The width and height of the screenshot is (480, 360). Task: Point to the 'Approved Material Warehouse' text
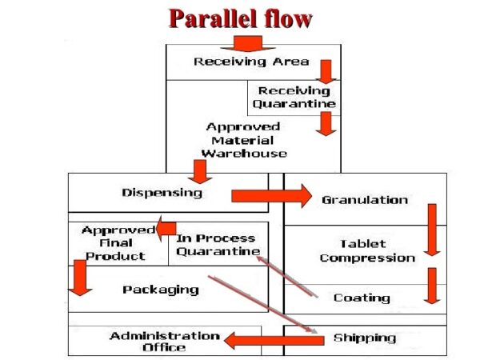click(x=243, y=139)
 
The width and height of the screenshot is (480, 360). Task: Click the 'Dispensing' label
click(x=162, y=193)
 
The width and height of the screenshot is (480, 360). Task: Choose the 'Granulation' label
click(x=364, y=200)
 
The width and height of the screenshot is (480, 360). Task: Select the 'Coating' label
click(x=362, y=298)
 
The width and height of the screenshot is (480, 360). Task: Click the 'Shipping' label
click(x=364, y=338)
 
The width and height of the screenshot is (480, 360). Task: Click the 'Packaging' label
click(x=160, y=290)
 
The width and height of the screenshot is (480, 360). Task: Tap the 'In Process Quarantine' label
click(x=216, y=245)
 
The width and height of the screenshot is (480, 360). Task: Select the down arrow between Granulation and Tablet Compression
click(x=432, y=230)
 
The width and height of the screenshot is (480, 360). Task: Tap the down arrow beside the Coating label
click(x=432, y=286)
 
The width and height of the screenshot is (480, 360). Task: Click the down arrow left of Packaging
click(x=79, y=277)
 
